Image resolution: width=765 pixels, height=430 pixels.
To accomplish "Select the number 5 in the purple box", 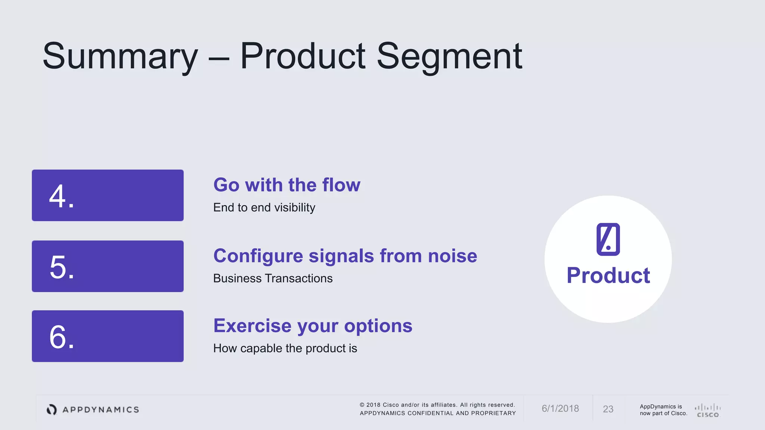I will point(58,267).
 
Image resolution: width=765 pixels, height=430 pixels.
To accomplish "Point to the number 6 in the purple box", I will point(58,337).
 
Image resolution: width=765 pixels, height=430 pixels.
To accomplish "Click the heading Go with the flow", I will point(287,185).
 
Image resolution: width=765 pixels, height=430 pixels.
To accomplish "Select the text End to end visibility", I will point(264,208).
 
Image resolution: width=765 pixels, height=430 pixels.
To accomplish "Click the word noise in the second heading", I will point(452,256).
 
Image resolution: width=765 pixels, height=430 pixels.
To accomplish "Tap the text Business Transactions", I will point(273,278).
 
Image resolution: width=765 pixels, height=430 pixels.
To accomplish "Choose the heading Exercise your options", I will point(313,326).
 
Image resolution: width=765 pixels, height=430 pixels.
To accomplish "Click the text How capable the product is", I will point(285,348).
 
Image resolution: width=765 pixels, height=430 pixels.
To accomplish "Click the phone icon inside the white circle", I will point(608,239).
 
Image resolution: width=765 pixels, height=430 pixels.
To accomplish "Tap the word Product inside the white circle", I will point(608,275).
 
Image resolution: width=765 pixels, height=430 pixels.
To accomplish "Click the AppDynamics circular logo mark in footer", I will point(52,409).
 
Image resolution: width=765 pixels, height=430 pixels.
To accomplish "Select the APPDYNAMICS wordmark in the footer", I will point(101,410).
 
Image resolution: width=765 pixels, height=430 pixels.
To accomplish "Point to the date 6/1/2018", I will point(560,409).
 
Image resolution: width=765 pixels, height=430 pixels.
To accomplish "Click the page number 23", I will point(608,409).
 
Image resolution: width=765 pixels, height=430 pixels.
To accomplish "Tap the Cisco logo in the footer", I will point(707,410).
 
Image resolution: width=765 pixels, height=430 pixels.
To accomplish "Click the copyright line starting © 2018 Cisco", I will point(437,405).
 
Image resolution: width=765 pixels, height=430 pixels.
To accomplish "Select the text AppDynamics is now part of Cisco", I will point(663,410).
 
